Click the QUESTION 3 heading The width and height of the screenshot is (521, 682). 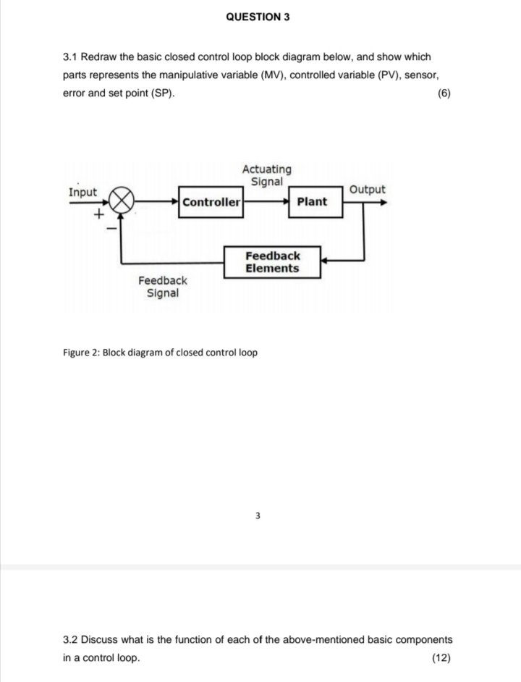coord(258,16)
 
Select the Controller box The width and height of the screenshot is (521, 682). coord(211,202)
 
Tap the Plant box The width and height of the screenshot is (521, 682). coord(312,202)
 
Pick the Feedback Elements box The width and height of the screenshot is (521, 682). coord(272,262)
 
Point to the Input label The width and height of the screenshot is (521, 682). coord(82,192)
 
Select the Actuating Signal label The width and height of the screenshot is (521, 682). coord(267,175)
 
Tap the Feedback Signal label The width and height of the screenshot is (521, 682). coord(163,287)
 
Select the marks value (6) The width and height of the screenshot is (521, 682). coord(444,94)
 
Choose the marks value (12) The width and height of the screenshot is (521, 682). coord(441,657)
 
